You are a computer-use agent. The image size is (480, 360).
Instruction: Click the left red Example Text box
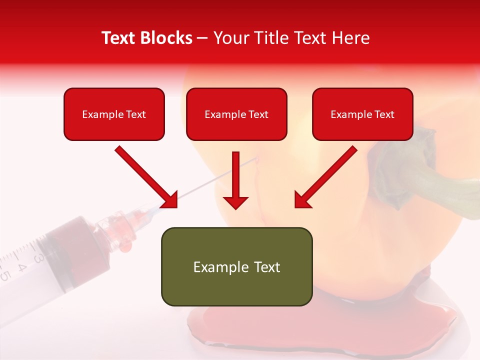coord(114,114)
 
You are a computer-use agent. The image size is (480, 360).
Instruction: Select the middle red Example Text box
coord(236,114)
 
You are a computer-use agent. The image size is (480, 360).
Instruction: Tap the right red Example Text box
coord(362,114)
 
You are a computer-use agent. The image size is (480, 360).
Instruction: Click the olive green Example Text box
coord(236,266)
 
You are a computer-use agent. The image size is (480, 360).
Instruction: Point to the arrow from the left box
coord(146,177)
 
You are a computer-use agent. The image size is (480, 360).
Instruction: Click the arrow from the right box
coord(325,177)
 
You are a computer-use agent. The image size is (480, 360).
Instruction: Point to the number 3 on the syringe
coord(38,257)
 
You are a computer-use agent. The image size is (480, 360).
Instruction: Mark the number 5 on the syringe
coord(5,275)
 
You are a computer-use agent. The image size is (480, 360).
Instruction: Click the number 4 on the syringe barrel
coord(22,266)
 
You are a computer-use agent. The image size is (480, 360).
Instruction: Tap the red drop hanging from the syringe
coord(127,244)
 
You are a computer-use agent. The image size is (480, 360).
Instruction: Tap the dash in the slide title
coord(202,38)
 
